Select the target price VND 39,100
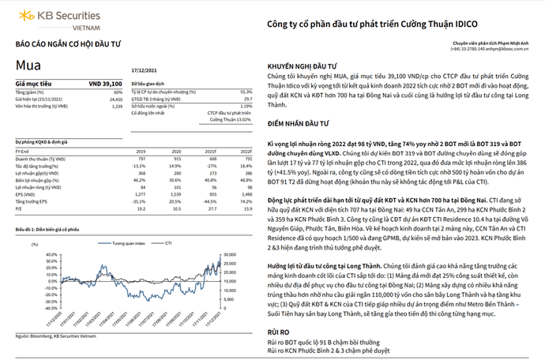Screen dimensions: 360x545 click(103, 82)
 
